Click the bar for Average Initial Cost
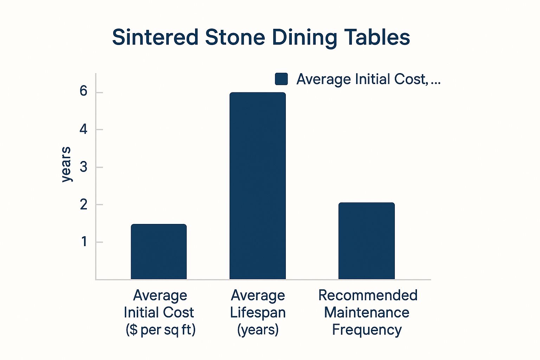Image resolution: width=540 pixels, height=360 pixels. (x=159, y=252)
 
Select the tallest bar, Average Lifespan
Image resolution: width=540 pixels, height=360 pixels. (x=257, y=186)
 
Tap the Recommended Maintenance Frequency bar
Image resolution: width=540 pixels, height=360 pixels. (x=366, y=241)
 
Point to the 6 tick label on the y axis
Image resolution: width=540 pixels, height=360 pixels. (x=83, y=91)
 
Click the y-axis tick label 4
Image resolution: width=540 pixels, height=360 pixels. (x=83, y=129)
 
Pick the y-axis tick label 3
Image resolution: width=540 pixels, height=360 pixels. (x=83, y=167)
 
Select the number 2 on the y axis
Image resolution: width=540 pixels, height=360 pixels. (x=83, y=205)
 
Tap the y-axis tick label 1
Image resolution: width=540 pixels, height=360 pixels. (x=84, y=242)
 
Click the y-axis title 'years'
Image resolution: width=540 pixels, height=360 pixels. (x=66, y=164)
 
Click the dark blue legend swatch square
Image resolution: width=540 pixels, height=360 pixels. (x=281, y=79)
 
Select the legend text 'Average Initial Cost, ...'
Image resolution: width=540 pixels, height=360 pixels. (x=368, y=79)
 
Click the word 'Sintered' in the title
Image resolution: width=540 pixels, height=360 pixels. (x=155, y=37)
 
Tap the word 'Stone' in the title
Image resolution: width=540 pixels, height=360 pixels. (x=234, y=37)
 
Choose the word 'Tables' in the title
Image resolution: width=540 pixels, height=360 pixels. (x=377, y=37)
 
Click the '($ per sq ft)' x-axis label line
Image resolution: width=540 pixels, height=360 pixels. (x=161, y=330)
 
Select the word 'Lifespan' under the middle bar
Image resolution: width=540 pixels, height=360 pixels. (x=258, y=313)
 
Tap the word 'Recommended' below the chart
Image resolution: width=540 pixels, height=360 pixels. (x=368, y=295)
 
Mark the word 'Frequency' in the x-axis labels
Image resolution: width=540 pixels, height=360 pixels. (x=367, y=330)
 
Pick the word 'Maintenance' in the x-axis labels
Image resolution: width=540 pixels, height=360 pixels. (x=367, y=313)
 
